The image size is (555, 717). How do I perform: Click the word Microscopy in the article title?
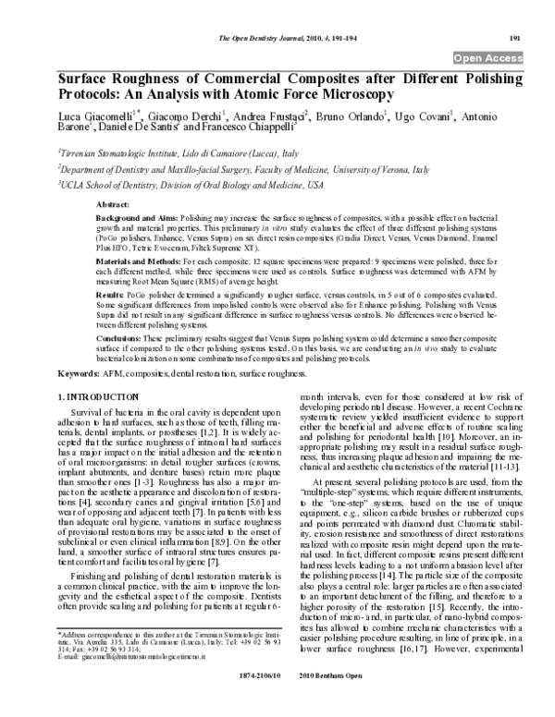pyautogui.click(x=338, y=94)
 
